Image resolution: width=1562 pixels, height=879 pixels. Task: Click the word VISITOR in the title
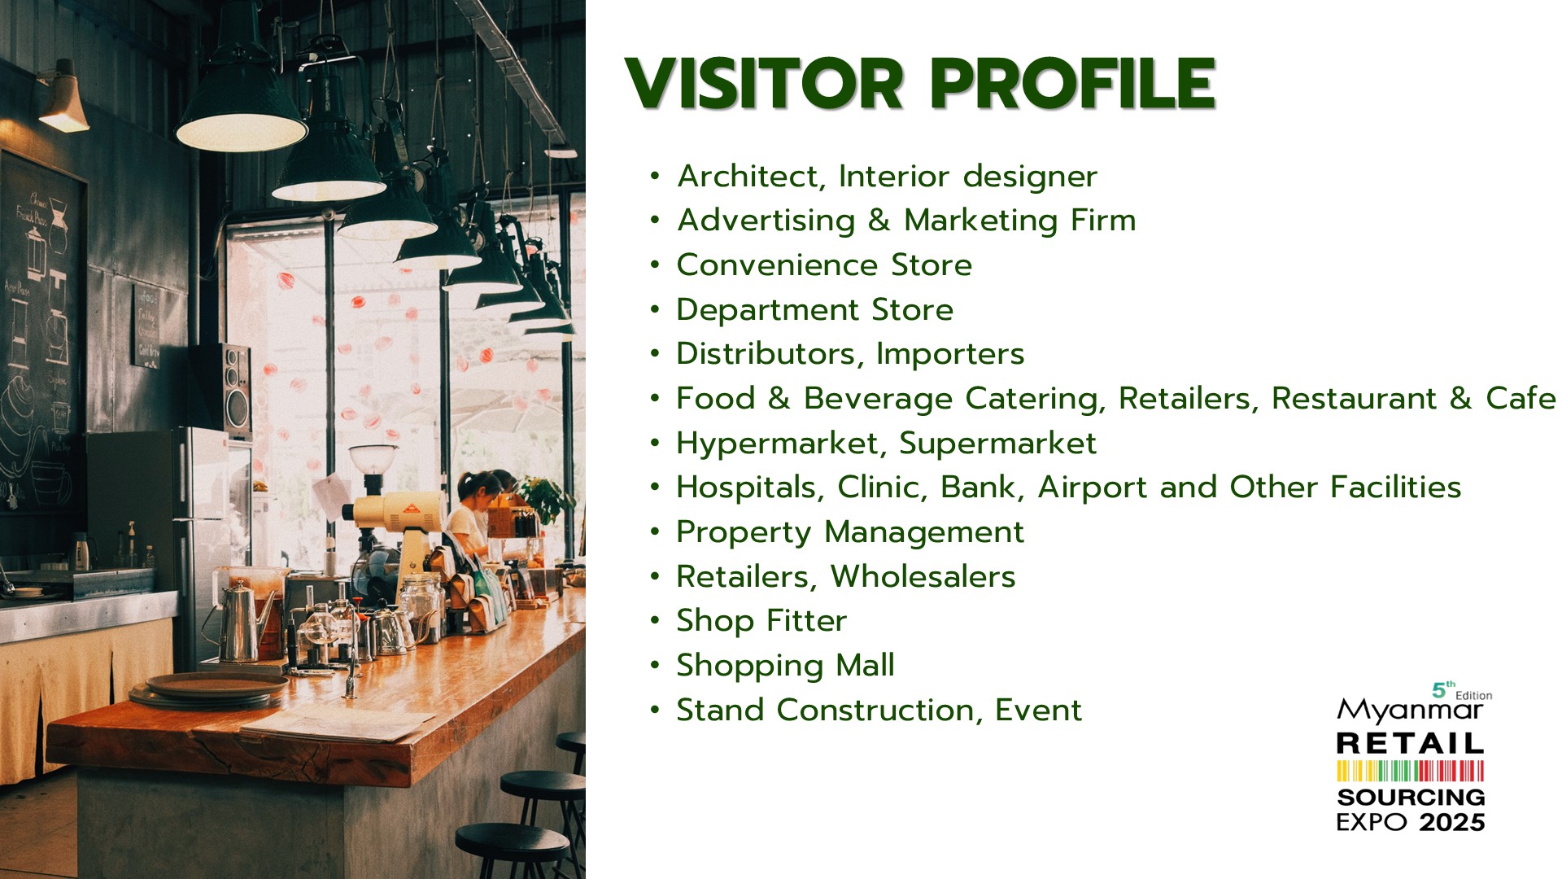pos(764,83)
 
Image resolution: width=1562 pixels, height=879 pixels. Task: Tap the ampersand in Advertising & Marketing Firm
pos(879,220)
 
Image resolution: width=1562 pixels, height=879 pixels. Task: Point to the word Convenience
pos(777,265)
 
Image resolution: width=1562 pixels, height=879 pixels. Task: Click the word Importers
pos(950,354)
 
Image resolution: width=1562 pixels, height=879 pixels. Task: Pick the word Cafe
pos(1521,398)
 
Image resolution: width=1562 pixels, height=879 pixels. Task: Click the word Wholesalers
pos(923,577)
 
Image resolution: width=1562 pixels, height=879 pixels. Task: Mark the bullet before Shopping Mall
pos(656,666)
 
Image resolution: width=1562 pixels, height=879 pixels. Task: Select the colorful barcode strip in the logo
pos(1411,771)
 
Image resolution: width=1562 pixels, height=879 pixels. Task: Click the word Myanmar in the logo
pos(1410,711)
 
